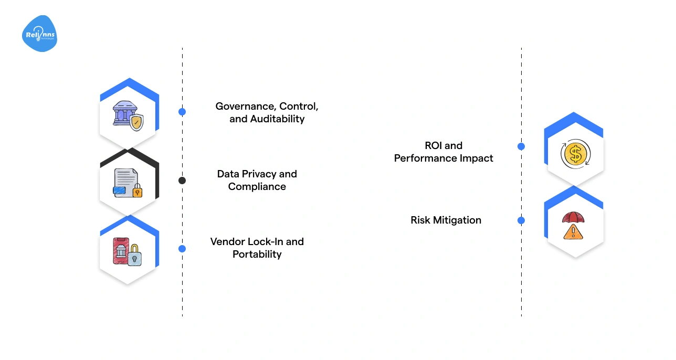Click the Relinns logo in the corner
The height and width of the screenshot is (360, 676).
click(x=40, y=34)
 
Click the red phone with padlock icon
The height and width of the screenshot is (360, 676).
click(x=128, y=251)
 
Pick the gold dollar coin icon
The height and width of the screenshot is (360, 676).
click(x=575, y=154)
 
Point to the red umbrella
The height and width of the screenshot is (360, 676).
click(x=573, y=217)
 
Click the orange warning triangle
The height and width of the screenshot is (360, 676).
click(x=573, y=232)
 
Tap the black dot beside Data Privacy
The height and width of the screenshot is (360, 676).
click(x=182, y=181)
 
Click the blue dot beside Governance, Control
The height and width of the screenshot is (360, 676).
click(x=182, y=112)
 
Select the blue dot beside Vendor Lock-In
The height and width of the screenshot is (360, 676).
click(x=182, y=249)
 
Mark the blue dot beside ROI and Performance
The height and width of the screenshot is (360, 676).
click(x=521, y=146)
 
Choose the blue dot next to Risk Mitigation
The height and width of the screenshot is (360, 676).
click(x=521, y=220)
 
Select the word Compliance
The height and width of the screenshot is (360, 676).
click(x=257, y=187)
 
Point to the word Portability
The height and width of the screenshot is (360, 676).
click(x=257, y=255)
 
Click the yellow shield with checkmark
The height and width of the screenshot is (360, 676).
click(x=136, y=123)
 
